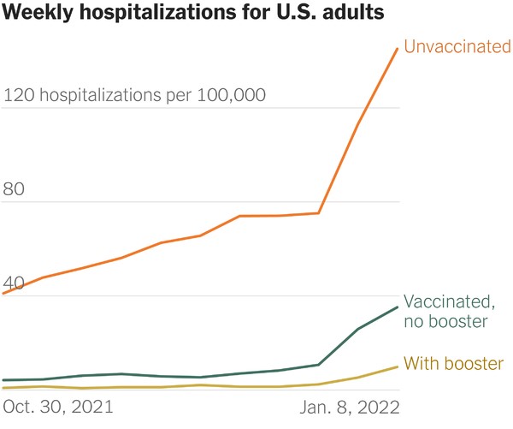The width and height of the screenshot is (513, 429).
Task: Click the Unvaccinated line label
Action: click(x=457, y=47)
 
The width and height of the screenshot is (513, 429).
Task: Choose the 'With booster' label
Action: click(x=453, y=364)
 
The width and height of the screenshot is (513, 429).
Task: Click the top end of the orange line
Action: click(x=398, y=49)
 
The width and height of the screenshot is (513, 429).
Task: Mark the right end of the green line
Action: click(x=398, y=307)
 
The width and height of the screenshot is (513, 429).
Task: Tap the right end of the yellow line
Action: click(x=398, y=367)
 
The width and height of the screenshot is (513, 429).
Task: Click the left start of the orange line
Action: click(x=4, y=293)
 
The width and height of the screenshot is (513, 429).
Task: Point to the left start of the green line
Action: click(x=4, y=380)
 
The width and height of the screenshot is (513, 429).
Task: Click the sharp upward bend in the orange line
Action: click(x=319, y=213)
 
